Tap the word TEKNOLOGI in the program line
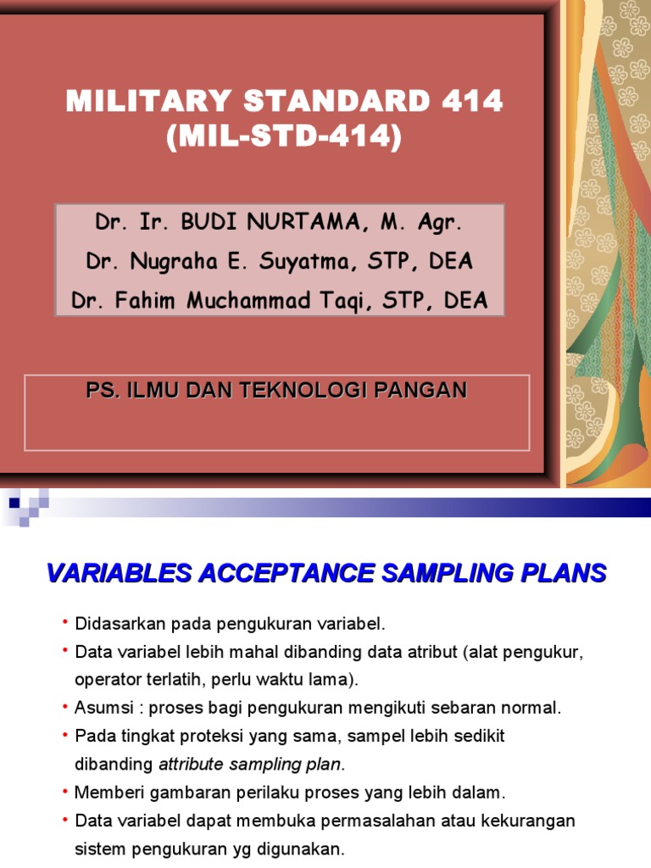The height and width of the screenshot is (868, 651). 325,391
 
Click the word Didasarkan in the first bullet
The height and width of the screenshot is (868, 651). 120,625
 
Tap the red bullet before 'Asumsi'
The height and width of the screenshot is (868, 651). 65,706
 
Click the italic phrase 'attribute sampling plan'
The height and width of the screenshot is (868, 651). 249,764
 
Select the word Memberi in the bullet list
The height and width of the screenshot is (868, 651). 107,793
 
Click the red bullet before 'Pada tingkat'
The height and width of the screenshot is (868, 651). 65,734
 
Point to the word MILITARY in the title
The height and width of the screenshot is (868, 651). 148,103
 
